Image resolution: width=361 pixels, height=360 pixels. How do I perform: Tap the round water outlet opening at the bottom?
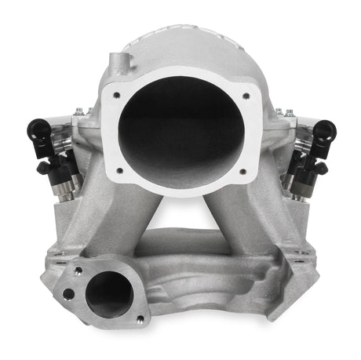tap(108, 295)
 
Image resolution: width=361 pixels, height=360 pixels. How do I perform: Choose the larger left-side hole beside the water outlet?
tap(69, 293)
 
